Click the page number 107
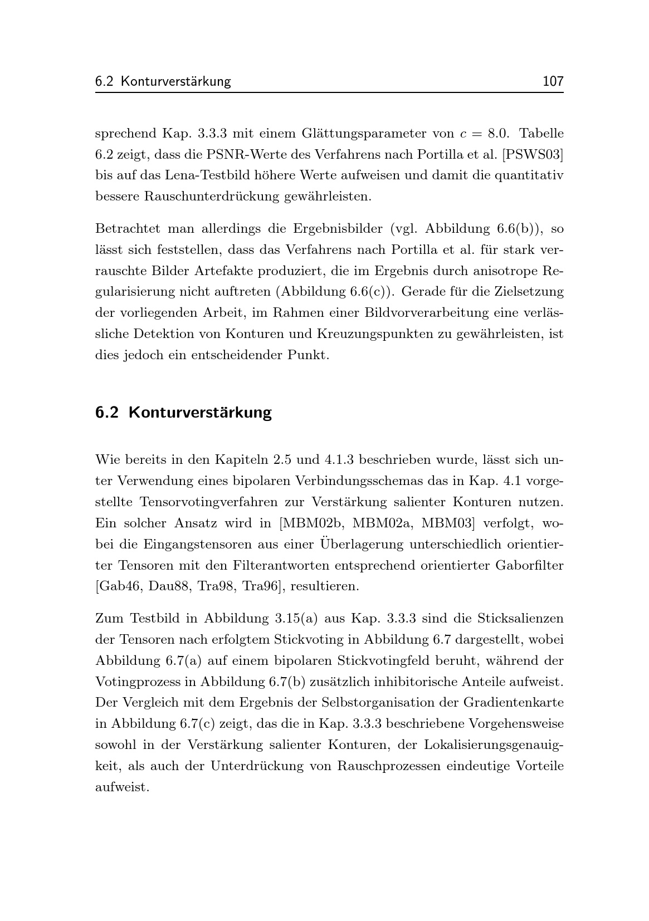tap(553, 81)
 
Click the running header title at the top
tap(163, 81)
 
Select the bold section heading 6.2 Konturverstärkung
tap(183, 413)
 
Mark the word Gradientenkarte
tap(514, 703)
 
